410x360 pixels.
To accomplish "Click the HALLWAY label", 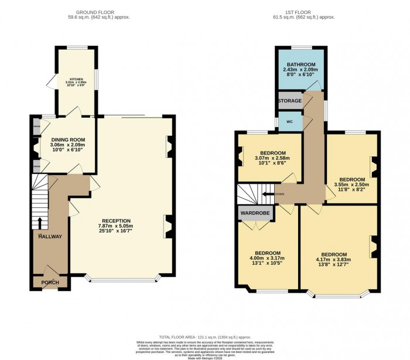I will (x=51, y=236).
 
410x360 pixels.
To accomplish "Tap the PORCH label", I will (x=50, y=282).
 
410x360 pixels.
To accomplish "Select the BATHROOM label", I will (x=301, y=64).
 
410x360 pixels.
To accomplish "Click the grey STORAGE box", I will (x=290, y=101).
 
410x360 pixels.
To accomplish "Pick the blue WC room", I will (x=289, y=122).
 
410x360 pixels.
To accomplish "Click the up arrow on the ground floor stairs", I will (x=40, y=222).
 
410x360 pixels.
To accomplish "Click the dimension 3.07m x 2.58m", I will (x=270, y=158).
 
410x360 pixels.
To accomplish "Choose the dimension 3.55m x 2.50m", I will (x=352, y=186).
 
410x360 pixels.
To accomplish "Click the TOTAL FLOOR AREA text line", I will (x=204, y=336).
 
